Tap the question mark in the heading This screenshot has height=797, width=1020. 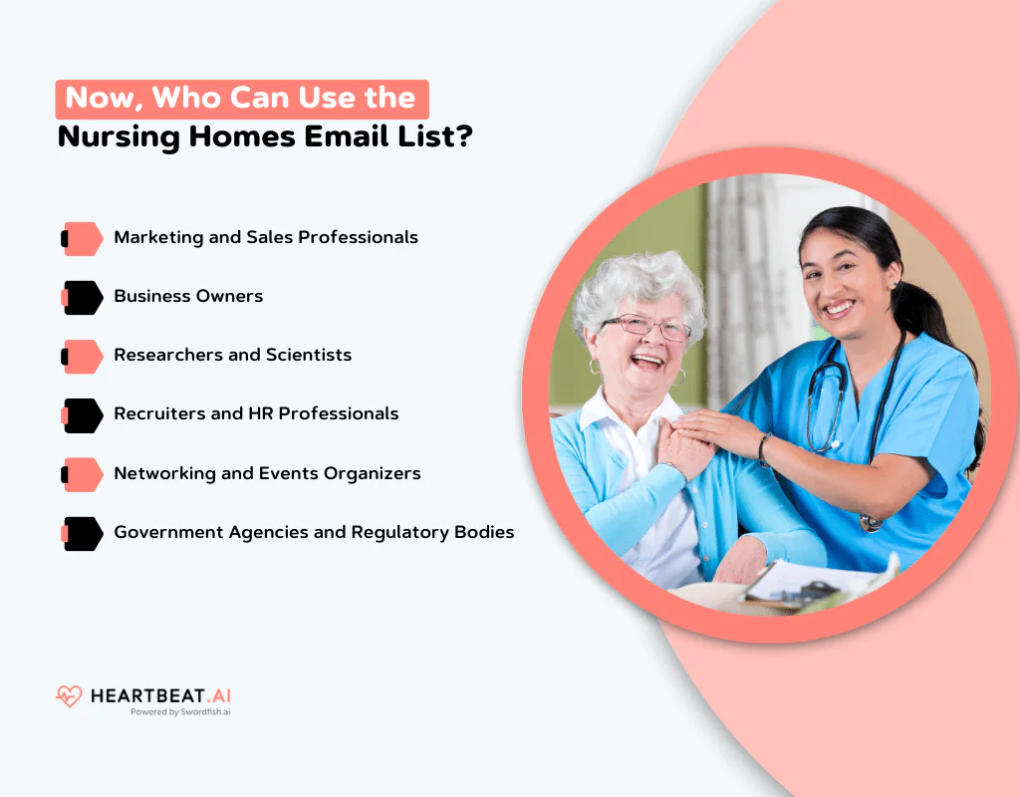click(463, 136)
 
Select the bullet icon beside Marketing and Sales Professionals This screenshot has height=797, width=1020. click(83, 238)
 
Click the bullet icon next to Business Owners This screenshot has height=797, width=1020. click(83, 297)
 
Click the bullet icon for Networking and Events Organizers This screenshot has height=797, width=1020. click(83, 473)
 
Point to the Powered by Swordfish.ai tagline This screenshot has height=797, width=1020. click(180, 712)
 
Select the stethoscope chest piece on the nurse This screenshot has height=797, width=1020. click(870, 522)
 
